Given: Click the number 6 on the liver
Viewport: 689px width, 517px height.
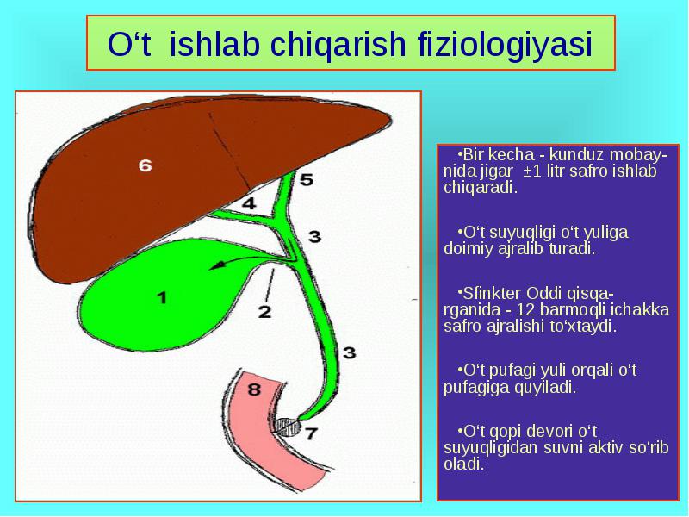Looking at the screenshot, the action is (x=145, y=165).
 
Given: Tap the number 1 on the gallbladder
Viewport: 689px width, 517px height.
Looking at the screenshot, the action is (x=163, y=297).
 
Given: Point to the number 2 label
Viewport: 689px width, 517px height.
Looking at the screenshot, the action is (x=264, y=312).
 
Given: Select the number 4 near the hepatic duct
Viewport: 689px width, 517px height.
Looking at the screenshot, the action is (x=249, y=203).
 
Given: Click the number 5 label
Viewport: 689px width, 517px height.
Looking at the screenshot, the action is (x=307, y=179).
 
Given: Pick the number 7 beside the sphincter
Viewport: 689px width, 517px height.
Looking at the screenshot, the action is (x=311, y=433).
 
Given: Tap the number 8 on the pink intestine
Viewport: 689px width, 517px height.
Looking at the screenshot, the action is (x=254, y=389).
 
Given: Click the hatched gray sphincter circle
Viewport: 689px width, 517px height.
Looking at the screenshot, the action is (x=288, y=427).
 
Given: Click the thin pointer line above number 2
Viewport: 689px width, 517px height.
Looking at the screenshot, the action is (x=270, y=285).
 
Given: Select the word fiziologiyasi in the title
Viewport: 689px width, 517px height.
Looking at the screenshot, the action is (x=506, y=44).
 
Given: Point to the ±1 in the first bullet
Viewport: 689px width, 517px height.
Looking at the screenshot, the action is (x=531, y=171).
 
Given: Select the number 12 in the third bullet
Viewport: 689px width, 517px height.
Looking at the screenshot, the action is (x=525, y=309).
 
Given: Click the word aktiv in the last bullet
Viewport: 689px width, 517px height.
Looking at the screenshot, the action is (x=606, y=447).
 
